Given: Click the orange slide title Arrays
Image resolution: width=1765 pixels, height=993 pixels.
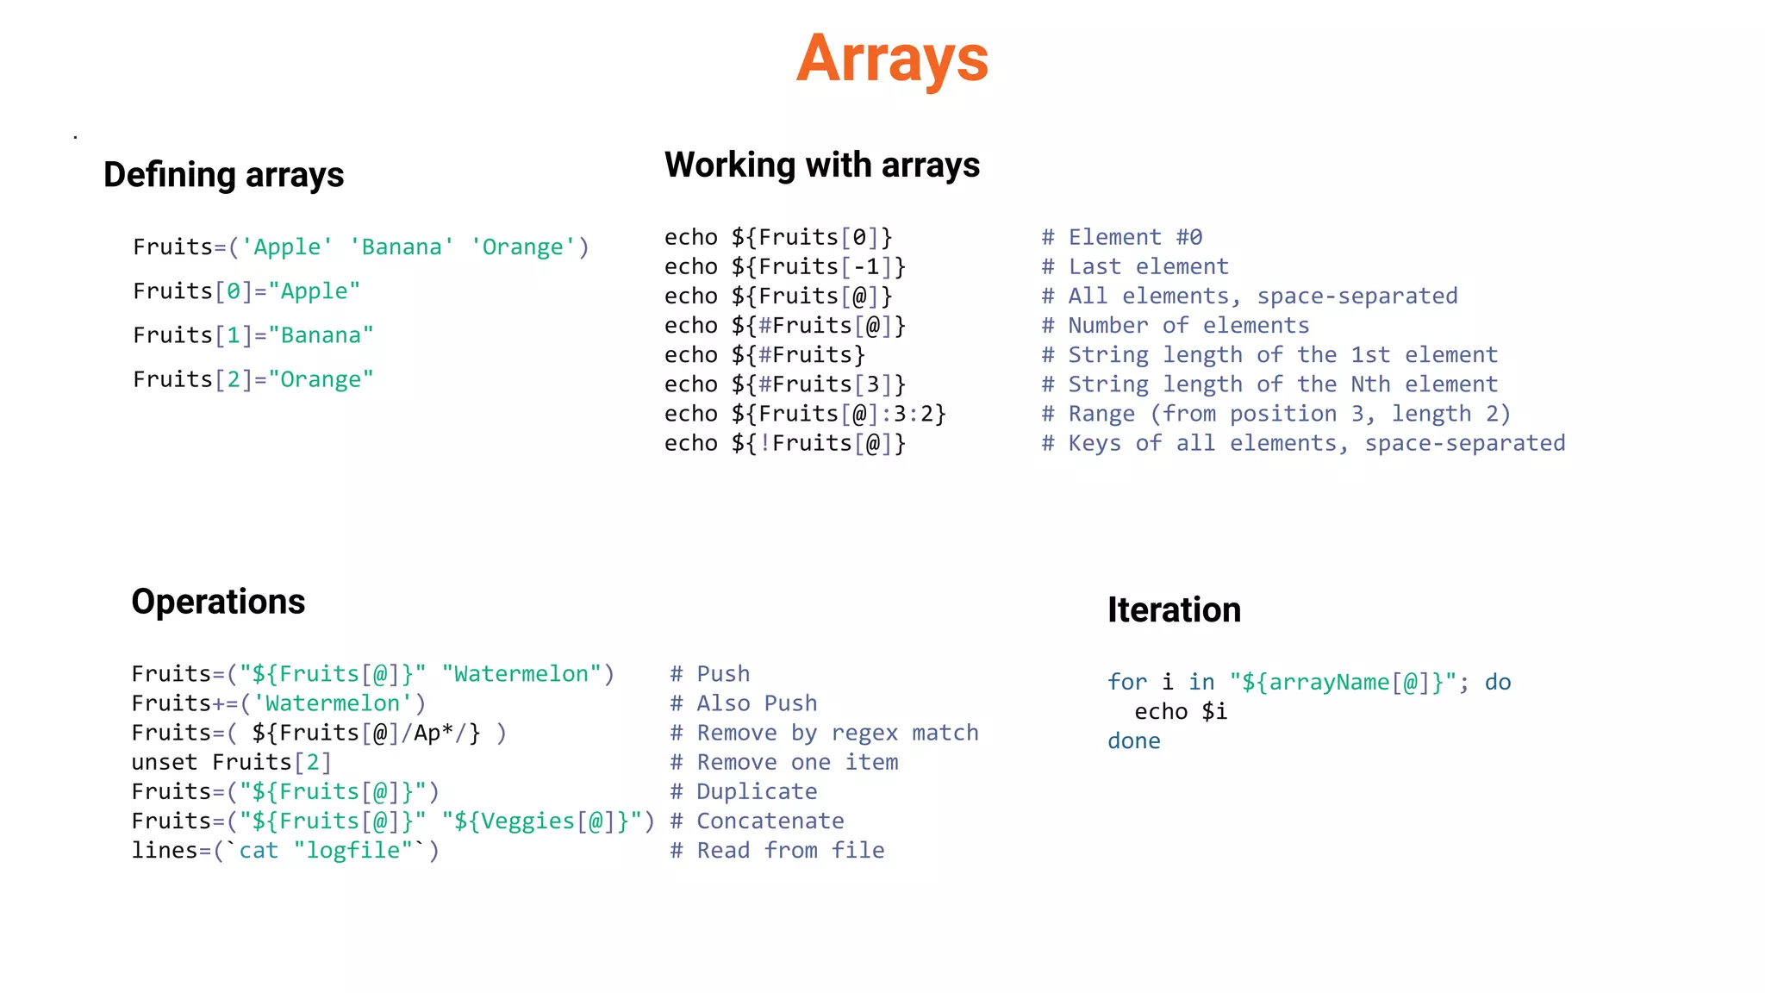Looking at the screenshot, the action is coord(892,59).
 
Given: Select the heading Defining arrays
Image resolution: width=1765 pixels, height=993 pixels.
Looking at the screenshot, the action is coord(223,175).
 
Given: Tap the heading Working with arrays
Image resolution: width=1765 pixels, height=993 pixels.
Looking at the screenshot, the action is coord(821,165).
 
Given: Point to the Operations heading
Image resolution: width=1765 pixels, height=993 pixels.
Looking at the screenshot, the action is coord(218,602).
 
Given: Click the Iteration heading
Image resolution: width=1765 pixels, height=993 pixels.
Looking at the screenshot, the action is coord(1174,610).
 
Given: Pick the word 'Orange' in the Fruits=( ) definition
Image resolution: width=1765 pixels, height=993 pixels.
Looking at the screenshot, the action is coord(522,247).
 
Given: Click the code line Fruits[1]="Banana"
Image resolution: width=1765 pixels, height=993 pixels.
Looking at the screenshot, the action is coord(253,335).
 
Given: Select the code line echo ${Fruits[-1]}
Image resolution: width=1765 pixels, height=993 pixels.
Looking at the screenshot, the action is coord(784,267).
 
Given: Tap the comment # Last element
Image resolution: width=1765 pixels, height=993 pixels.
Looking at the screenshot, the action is coord(1134,267).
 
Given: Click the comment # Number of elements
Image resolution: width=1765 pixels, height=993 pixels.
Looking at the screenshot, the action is coord(1175,326).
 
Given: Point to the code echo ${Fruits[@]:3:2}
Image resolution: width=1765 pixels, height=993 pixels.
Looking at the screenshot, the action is coord(805,415).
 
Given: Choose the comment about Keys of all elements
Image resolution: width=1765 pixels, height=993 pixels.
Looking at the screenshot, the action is coord(1302,444).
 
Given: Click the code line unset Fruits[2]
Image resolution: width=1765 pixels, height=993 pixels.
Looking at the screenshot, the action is coord(231,763).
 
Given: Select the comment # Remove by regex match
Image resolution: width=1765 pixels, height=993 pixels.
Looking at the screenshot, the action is coord(824,734).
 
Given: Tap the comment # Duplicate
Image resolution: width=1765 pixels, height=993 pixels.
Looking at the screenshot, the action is coord(744,792).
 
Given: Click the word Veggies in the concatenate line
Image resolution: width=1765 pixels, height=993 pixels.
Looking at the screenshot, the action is coord(527,821).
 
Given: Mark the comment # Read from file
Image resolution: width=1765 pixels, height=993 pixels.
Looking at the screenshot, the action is coord(777,851).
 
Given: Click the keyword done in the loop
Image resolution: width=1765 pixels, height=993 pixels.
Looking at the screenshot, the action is coord(1133,741).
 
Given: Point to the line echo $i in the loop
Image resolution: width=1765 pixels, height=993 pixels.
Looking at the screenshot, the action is coord(1180,712).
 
